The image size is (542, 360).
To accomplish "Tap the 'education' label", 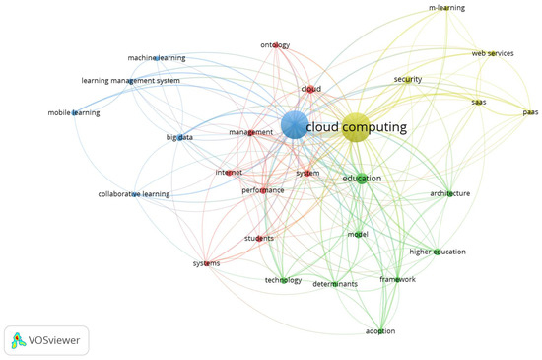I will (x=362, y=179).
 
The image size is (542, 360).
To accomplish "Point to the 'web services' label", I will (x=493, y=53).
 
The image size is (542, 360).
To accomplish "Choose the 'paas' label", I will (x=530, y=112).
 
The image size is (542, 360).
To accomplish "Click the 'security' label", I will (x=408, y=79).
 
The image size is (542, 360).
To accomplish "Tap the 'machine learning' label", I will (x=156, y=58).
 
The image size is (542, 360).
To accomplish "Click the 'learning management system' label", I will (x=130, y=81).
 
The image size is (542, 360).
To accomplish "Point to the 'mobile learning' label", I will (x=74, y=113).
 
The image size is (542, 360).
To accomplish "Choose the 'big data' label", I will (x=179, y=137).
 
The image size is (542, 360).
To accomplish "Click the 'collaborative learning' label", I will (x=134, y=194).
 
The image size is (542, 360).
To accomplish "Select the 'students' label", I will (x=259, y=238).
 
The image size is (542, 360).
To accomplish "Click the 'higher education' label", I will (x=438, y=252).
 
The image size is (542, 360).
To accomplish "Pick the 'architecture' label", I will (x=449, y=193).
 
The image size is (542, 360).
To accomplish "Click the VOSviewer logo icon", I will (x=19, y=341).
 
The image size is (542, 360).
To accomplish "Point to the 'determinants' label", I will (x=335, y=284).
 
